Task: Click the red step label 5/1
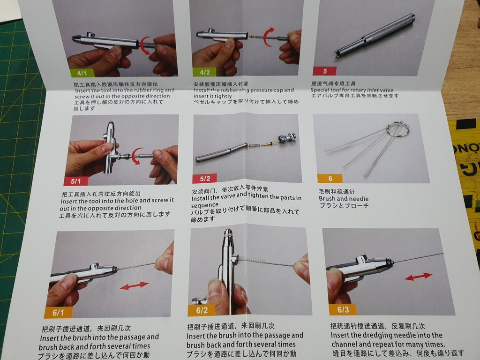75,181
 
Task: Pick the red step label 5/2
204,179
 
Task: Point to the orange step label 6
330,179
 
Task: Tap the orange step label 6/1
58,313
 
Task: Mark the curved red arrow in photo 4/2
268,37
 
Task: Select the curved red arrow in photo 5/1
136,156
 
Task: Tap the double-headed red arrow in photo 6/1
134,285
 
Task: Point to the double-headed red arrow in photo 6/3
418,277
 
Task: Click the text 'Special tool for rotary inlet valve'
359,90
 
